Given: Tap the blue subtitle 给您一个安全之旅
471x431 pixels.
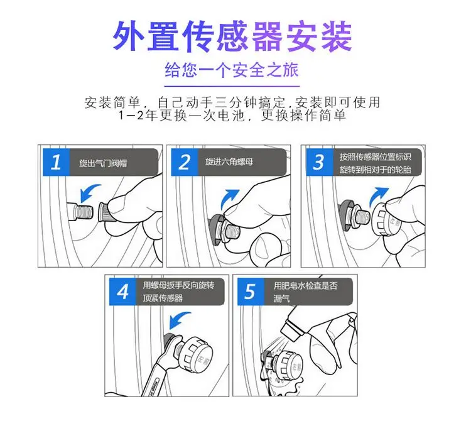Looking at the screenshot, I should (232, 68).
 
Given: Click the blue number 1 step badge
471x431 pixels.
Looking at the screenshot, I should (56, 163).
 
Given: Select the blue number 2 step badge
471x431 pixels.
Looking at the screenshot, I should (184, 163).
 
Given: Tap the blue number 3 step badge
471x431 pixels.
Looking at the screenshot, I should (318, 163).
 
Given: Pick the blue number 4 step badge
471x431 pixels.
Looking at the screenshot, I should (123, 292).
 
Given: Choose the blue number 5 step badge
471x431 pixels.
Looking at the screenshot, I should (251, 292).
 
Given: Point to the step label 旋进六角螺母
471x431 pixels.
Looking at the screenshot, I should (229, 162).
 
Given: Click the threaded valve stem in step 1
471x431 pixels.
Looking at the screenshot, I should (85, 210).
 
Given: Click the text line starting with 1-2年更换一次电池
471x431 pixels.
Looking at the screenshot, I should (232, 117).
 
